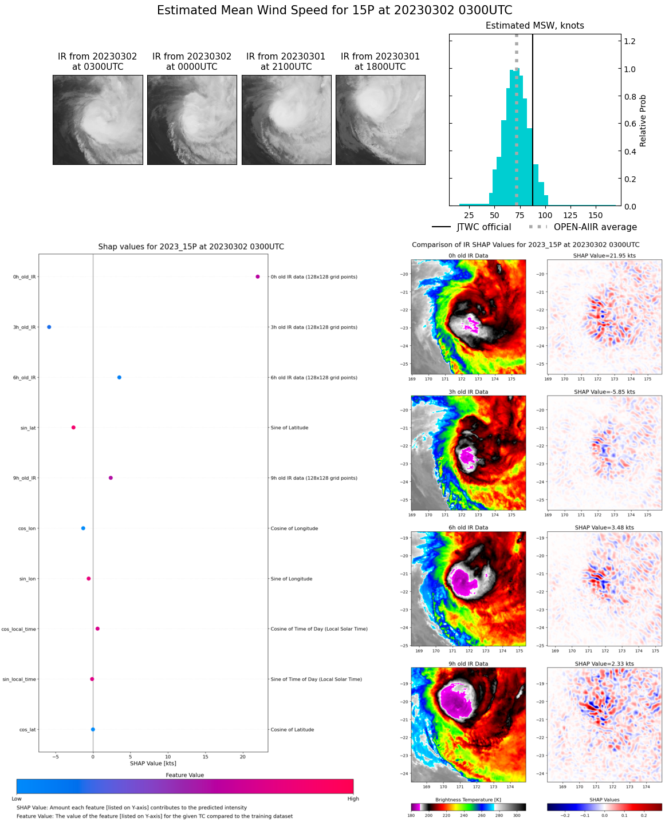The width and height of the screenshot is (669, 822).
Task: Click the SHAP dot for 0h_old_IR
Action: coord(258,276)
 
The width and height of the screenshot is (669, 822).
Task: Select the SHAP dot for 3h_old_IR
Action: coord(49,327)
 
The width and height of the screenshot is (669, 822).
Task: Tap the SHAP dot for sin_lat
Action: coord(73,428)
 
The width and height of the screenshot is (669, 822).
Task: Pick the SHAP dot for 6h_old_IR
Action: coord(119,377)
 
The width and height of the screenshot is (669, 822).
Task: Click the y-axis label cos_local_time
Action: coord(19,629)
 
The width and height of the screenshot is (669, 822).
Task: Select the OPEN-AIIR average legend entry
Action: coord(583,227)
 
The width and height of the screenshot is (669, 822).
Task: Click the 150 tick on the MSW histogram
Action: coord(596,215)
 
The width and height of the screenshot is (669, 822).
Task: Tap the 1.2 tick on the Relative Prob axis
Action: coord(629,41)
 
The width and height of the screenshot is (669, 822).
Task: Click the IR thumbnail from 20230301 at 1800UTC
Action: coord(380,120)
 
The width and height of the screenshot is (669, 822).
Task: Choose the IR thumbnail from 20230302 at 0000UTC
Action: coord(192,120)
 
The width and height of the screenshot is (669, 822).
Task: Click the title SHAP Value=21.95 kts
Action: coord(604,256)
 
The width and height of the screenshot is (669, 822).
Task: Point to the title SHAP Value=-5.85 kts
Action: coord(604,392)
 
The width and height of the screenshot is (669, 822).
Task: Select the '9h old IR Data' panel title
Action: coord(468,664)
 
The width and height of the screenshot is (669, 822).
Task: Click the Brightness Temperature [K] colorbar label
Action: coord(468,800)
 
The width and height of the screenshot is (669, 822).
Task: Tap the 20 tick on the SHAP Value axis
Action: coord(243,757)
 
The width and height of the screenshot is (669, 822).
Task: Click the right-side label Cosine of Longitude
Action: coord(294,528)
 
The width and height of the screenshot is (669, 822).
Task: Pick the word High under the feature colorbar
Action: coord(353,799)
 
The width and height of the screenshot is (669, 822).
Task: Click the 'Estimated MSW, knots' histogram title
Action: coord(534,26)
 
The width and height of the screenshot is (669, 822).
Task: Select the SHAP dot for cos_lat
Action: coord(93,729)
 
